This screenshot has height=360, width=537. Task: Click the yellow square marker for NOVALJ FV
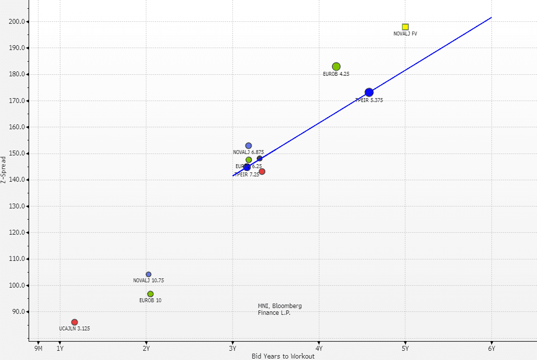tap(405, 27)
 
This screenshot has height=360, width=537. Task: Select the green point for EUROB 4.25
tap(336, 67)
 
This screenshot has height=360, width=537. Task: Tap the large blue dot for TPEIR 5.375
tap(369, 92)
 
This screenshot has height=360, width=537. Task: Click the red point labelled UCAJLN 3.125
tap(74, 322)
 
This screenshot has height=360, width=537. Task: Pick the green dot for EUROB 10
tap(151, 294)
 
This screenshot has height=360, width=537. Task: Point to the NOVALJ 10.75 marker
tap(149, 274)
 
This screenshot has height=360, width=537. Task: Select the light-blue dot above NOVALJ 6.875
tap(248, 146)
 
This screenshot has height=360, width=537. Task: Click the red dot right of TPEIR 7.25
tap(262, 171)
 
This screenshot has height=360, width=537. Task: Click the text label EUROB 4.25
tap(336, 74)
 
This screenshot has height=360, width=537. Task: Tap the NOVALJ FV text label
tap(405, 34)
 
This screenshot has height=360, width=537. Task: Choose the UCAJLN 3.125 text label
tap(74, 329)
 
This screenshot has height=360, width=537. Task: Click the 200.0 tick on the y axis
tap(18, 22)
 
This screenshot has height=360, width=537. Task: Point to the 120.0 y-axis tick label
tap(18, 233)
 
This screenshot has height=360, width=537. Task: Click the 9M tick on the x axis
tap(38, 348)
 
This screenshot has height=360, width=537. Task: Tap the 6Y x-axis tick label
tap(491, 348)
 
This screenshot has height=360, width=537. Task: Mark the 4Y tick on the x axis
tap(319, 348)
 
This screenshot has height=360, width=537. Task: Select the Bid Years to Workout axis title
tap(283, 356)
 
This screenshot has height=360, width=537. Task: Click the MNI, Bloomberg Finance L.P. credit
tap(279, 309)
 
